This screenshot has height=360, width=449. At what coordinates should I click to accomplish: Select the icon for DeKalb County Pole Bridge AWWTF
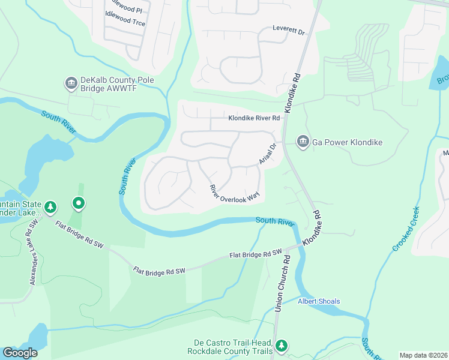(72, 83)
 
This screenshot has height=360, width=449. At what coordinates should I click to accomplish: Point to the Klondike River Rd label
(254, 118)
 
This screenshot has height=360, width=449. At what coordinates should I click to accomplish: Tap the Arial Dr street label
(267, 153)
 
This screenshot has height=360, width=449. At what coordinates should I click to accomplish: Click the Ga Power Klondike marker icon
(303, 142)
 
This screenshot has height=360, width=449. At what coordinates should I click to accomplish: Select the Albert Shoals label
(319, 301)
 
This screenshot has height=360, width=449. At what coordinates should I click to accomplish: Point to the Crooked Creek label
(405, 229)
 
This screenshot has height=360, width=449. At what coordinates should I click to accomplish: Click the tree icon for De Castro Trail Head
(282, 346)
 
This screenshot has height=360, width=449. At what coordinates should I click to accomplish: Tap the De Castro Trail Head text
(229, 346)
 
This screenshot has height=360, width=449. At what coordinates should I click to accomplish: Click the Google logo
(20, 353)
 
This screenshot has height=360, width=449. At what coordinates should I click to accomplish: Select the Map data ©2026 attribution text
(423, 355)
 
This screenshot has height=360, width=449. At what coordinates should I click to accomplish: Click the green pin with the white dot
(78, 204)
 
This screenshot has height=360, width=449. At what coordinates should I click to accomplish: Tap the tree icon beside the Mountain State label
(50, 208)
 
